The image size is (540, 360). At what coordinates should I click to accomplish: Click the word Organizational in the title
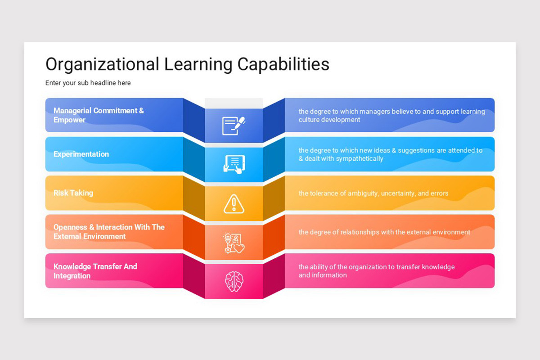(102, 64)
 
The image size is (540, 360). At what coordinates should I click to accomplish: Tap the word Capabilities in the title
(283, 64)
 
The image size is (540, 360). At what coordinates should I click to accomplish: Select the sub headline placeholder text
(88, 83)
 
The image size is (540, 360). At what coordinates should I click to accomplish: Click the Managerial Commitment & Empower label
(99, 115)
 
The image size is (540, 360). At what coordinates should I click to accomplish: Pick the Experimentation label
(81, 154)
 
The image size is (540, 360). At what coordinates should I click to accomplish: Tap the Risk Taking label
(73, 193)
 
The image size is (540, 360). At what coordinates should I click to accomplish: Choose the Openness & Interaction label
(109, 232)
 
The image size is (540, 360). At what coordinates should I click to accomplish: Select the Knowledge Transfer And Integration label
(95, 271)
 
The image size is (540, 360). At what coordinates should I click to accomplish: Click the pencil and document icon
(234, 126)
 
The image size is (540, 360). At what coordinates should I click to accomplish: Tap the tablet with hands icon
(234, 164)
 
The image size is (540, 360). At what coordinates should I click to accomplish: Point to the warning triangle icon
(234, 204)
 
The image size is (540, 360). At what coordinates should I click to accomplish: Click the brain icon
(234, 281)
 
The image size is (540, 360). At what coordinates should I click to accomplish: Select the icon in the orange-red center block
(234, 243)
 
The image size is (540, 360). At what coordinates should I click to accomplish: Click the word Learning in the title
(198, 64)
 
